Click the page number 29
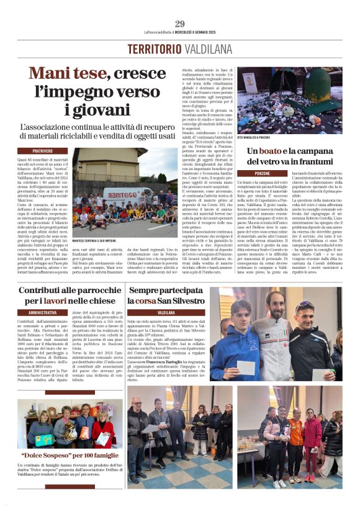180,24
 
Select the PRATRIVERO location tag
42,151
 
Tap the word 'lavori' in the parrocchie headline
68,301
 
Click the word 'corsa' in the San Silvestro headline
156,301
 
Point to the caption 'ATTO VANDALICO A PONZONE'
257,138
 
